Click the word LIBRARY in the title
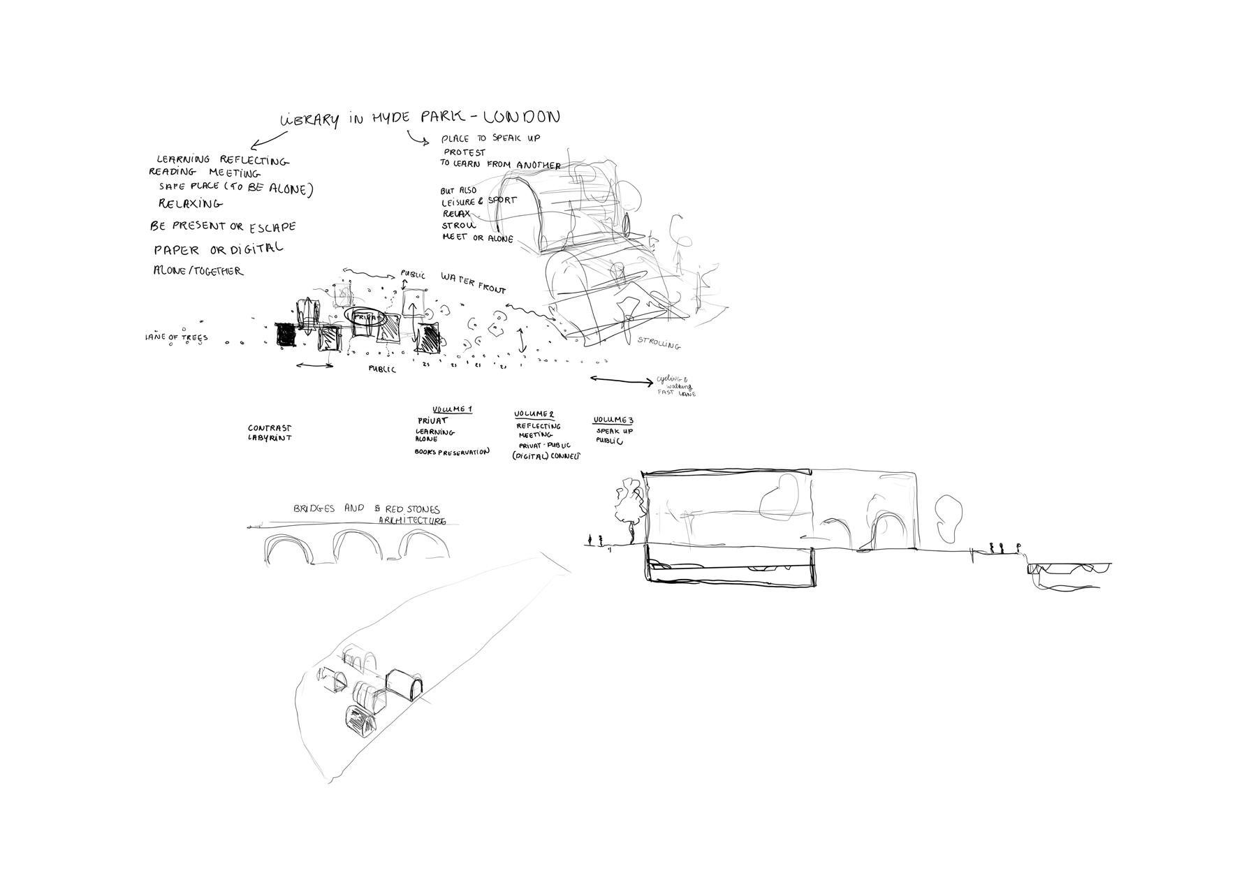click(x=310, y=119)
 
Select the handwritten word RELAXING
click(x=190, y=204)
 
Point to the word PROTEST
click(x=464, y=152)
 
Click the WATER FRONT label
click(x=473, y=283)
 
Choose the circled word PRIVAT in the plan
click(x=368, y=317)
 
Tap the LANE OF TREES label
click(x=177, y=337)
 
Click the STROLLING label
click(x=659, y=343)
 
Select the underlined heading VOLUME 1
click(x=452, y=409)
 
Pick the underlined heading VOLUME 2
click(x=534, y=414)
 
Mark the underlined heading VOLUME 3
click(x=613, y=420)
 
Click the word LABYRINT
click(x=269, y=438)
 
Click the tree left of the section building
click(x=629, y=506)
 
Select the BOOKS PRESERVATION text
click(x=452, y=452)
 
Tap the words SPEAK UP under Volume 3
click(x=615, y=431)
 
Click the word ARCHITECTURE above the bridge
click(x=412, y=521)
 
